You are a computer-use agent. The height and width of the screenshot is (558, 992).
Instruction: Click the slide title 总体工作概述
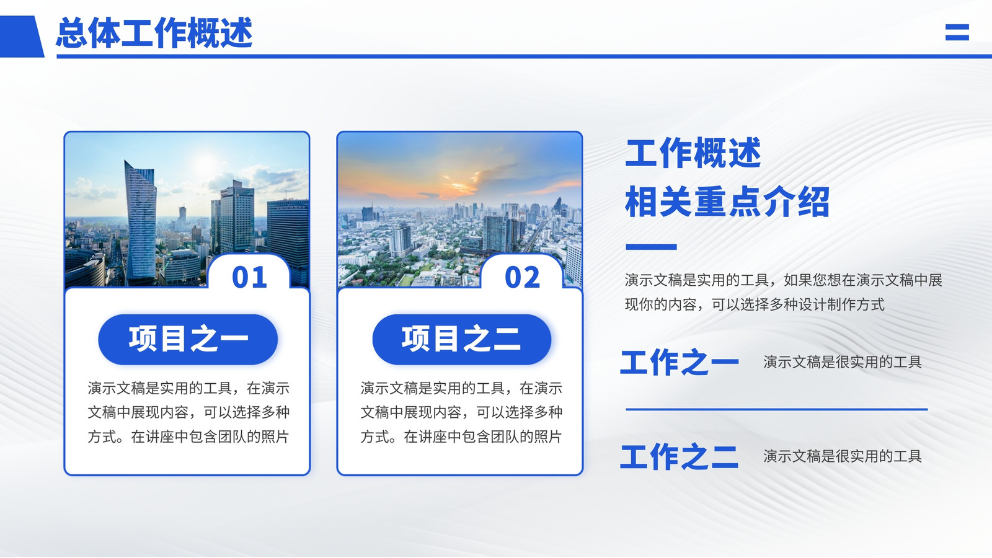pyautogui.click(x=154, y=33)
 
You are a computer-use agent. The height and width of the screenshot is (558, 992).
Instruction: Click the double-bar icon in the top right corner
pyautogui.click(x=957, y=32)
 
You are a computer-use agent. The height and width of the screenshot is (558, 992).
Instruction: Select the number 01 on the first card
pyautogui.click(x=249, y=277)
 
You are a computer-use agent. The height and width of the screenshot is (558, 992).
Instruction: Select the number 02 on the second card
pyautogui.click(x=522, y=277)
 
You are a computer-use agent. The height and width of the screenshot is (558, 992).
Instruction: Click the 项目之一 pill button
pyautogui.click(x=188, y=340)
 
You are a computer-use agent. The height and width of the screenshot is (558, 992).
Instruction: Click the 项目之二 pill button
pyautogui.click(x=462, y=340)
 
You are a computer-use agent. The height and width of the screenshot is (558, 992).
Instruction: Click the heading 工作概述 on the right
pyautogui.click(x=693, y=153)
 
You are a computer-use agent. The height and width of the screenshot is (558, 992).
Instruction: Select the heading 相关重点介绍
pyautogui.click(x=727, y=202)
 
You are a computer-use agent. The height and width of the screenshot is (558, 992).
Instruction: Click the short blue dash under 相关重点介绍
pyautogui.click(x=651, y=247)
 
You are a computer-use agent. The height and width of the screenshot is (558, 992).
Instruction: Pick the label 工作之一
pyautogui.click(x=680, y=363)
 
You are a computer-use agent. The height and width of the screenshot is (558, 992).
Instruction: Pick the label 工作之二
pyautogui.click(x=680, y=456)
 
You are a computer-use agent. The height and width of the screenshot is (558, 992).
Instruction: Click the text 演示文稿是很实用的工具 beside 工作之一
pyautogui.click(x=843, y=362)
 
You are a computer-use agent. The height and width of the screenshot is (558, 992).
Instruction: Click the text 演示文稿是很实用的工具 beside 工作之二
pyautogui.click(x=843, y=456)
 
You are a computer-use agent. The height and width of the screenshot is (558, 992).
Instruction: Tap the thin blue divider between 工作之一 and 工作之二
pyautogui.click(x=776, y=410)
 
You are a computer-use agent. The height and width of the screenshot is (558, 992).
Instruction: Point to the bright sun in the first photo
pyautogui.click(x=206, y=162)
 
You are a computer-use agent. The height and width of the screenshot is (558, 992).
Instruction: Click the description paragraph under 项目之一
pyautogui.click(x=188, y=412)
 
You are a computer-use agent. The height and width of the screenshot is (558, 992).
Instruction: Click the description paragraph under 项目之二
pyautogui.click(x=461, y=412)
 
